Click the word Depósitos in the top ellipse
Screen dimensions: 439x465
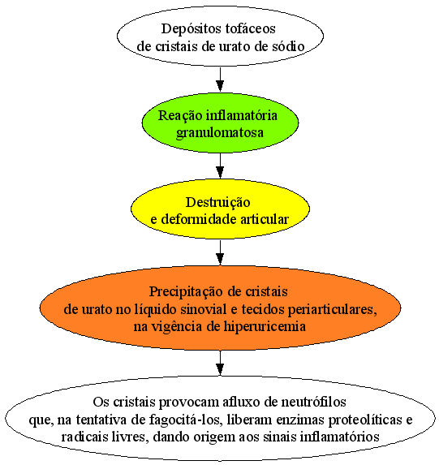[191, 29]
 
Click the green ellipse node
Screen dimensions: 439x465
[220, 123]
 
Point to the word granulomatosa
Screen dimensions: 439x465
[220, 133]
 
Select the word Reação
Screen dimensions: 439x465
[180, 116]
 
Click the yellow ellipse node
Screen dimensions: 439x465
[220, 209]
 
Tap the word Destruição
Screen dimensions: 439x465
[218, 203]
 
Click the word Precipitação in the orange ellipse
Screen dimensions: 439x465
[187, 292]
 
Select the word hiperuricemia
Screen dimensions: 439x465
[265, 327]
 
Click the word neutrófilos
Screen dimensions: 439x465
[313, 403]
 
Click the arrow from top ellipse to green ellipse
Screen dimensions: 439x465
[220, 80]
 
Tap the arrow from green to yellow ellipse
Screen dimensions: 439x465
[220, 166]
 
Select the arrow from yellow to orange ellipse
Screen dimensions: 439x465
[220, 252]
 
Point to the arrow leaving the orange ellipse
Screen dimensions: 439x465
[220, 363]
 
